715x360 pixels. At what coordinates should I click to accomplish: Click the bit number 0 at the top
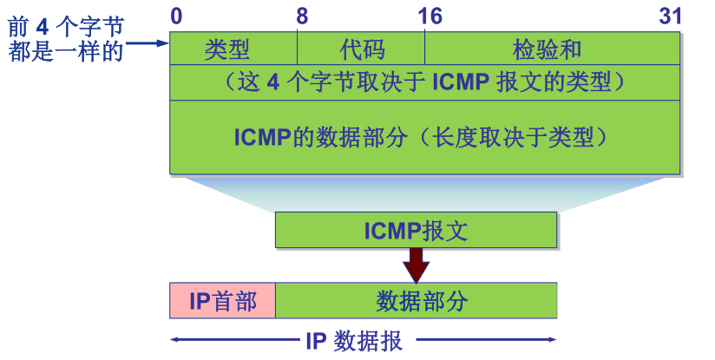(x=177, y=16)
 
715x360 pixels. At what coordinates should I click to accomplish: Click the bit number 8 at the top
(x=301, y=16)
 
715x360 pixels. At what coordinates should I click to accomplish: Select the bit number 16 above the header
(x=429, y=16)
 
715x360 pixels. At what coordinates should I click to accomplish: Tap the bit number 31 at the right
(x=670, y=16)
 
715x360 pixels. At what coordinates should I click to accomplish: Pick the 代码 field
(x=362, y=49)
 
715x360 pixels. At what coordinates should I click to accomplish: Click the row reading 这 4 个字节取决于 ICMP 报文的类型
(x=424, y=83)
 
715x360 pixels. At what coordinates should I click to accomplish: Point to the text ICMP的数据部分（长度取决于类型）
(x=424, y=138)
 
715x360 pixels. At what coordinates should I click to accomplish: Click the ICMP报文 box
(x=416, y=231)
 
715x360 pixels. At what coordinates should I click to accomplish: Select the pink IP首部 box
(x=223, y=301)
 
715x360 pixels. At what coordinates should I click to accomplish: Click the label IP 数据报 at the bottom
(x=354, y=340)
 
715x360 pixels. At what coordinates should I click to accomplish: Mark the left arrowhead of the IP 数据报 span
(x=174, y=340)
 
